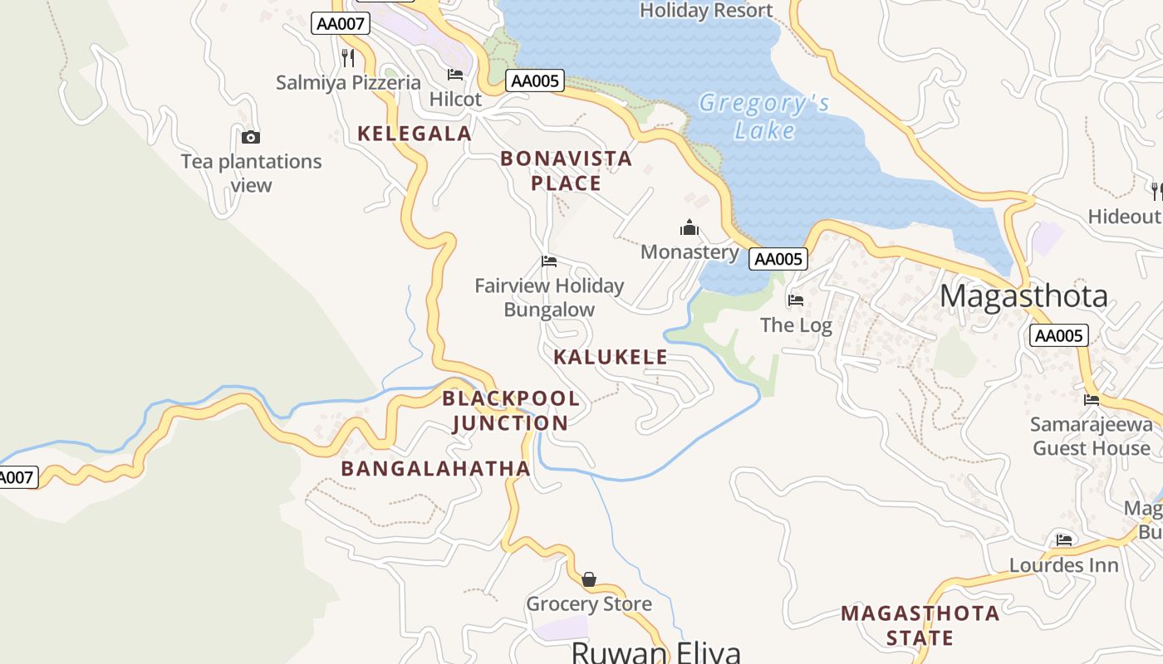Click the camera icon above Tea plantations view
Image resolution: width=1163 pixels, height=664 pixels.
(251, 138)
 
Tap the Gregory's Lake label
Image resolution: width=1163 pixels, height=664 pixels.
(764, 116)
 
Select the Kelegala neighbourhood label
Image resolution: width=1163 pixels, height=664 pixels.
(415, 133)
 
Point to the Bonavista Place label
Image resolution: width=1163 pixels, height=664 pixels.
(567, 171)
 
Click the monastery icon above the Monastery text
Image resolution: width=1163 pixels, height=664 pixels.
(689, 228)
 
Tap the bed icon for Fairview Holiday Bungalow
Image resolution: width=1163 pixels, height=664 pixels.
(548, 261)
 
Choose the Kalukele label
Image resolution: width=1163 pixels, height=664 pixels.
(611, 357)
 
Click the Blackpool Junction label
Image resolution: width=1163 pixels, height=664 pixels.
(511, 410)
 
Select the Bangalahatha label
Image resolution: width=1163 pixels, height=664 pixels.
(436, 468)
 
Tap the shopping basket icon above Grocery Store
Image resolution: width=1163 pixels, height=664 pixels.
(589, 579)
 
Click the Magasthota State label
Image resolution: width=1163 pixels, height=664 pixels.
(920, 625)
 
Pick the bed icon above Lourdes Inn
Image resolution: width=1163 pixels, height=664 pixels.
(1064, 540)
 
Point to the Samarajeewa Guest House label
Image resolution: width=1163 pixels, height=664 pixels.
(1092, 437)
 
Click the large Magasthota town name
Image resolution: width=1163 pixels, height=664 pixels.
(1024, 296)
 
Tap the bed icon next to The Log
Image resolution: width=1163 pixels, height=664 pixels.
(796, 300)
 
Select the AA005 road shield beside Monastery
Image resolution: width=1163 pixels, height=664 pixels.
(778, 259)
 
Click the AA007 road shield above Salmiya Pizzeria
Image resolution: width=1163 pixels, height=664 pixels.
(341, 23)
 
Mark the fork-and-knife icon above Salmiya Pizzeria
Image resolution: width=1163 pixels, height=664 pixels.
(348, 58)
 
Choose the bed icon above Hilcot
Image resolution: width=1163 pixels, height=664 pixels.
(455, 75)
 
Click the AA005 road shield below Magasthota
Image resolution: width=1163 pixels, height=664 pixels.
(1058, 335)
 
